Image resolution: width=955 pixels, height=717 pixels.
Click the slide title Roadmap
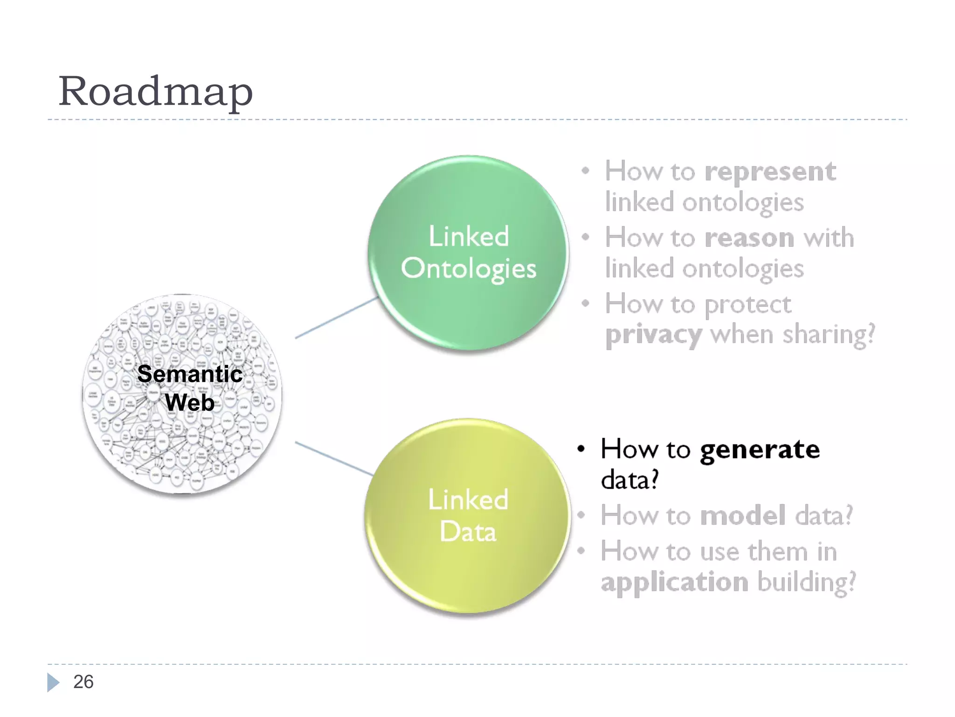click(155, 91)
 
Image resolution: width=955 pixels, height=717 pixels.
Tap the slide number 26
click(83, 682)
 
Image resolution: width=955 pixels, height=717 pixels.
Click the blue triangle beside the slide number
click(53, 682)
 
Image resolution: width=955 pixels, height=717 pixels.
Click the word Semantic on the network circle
click(190, 374)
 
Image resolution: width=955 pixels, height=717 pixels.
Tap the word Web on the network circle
click(190, 402)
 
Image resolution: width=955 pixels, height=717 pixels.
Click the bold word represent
click(770, 172)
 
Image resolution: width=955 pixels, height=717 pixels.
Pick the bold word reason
click(749, 238)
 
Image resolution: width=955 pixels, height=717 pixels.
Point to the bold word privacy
click(653, 335)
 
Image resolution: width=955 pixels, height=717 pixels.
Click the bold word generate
click(759, 450)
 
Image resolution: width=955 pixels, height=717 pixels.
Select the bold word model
click(742, 515)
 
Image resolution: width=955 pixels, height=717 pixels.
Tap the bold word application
click(674, 583)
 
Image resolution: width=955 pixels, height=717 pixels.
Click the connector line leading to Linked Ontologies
click(336, 318)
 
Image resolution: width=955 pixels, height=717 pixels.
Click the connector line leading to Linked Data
click(334, 458)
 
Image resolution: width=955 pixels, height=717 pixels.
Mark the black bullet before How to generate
click(581, 449)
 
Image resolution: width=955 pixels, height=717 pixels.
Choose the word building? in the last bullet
click(807, 583)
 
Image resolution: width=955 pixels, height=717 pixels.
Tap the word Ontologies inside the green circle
click(468, 269)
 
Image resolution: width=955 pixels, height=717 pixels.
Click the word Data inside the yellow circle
click(468, 532)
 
